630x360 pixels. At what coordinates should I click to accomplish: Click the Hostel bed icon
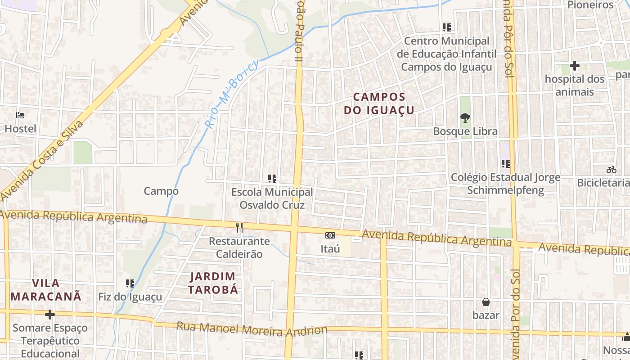tap(20, 115)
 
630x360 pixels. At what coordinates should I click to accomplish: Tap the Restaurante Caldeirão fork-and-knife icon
tap(239, 228)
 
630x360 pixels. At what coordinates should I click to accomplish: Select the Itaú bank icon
tap(330, 235)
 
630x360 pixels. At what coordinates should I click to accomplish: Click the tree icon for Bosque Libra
tap(465, 118)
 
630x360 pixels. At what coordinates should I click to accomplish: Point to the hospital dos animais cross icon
tap(574, 66)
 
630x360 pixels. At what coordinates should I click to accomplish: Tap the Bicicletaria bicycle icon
tap(611, 170)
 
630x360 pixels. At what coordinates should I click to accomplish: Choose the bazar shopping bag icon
tap(486, 302)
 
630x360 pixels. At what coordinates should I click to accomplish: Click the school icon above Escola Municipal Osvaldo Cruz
tap(272, 179)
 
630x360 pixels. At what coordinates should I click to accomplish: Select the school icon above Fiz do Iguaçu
tap(130, 283)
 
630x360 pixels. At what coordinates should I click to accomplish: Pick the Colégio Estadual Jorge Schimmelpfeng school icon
tap(505, 164)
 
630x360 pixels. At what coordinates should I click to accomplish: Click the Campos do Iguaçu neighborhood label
tap(379, 103)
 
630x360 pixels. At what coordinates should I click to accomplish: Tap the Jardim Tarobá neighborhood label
tap(213, 283)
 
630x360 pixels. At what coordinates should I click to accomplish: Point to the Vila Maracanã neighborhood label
tap(46, 290)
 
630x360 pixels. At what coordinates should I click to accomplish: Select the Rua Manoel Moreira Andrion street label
tap(252, 329)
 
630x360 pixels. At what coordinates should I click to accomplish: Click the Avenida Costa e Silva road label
tap(43, 160)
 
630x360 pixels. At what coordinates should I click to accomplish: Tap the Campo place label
tap(161, 191)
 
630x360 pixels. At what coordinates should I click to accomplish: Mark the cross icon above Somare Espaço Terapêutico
tap(50, 315)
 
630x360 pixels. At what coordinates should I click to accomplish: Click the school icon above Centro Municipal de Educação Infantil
tap(446, 27)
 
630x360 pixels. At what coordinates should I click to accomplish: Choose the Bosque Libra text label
tap(465, 131)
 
